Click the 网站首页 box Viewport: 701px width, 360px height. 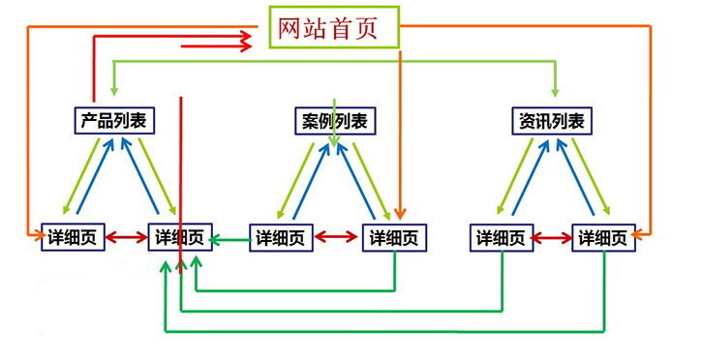335,29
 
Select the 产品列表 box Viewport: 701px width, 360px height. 115,120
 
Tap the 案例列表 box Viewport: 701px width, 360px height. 334,121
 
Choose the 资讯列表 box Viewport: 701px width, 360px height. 552,121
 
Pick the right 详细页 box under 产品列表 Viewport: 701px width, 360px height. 180,237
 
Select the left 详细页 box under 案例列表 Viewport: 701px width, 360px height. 282,237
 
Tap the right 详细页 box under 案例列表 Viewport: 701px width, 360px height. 394,237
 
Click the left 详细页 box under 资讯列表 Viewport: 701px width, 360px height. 502,237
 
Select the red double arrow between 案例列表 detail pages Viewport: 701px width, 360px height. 338,236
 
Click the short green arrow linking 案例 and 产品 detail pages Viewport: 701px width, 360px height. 230,237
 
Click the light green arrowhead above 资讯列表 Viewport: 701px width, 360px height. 555,93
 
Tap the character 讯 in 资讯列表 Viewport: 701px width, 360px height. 543,121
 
